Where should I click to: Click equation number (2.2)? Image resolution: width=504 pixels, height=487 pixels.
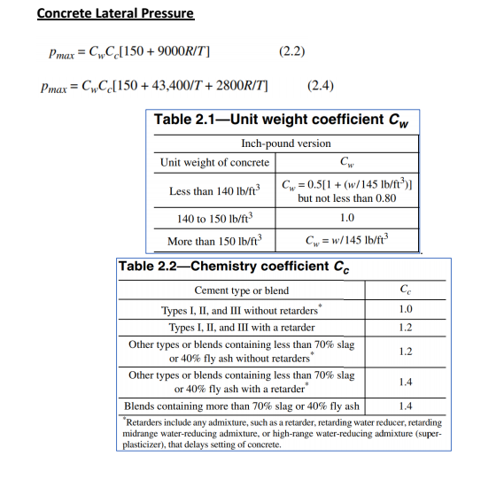pyautogui.click(x=292, y=50)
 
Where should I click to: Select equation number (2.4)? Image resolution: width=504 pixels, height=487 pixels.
pyautogui.click(x=320, y=86)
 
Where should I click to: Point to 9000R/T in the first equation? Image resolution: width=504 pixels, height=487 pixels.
pyautogui.click(x=182, y=50)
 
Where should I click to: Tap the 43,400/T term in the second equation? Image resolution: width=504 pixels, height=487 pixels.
pyautogui.click(x=182, y=86)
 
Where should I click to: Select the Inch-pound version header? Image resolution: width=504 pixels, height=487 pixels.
pyautogui.click(x=285, y=143)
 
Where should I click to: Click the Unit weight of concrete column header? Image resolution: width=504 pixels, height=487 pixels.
pyautogui.click(x=214, y=162)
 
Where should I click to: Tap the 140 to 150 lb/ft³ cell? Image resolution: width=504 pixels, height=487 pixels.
pyautogui.click(x=215, y=218)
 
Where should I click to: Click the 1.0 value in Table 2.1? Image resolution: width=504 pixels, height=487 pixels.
pyautogui.click(x=346, y=218)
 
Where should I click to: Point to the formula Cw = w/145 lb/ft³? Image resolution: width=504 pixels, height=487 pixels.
pyautogui.click(x=346, y=240)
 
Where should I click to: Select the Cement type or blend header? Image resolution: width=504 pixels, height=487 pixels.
pyautogui.click(x=241, y=291)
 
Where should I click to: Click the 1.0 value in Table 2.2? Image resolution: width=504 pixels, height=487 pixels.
pyautogui.click(x=406, y=310)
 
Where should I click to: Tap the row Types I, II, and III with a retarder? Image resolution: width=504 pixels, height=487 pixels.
pyautogui.click(x=242, y=328)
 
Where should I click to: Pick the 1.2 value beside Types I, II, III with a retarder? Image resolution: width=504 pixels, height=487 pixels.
pyautogui.click(x=406, y=328)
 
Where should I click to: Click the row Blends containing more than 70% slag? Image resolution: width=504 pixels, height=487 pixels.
pyautogui.click(x=242, y=406)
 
